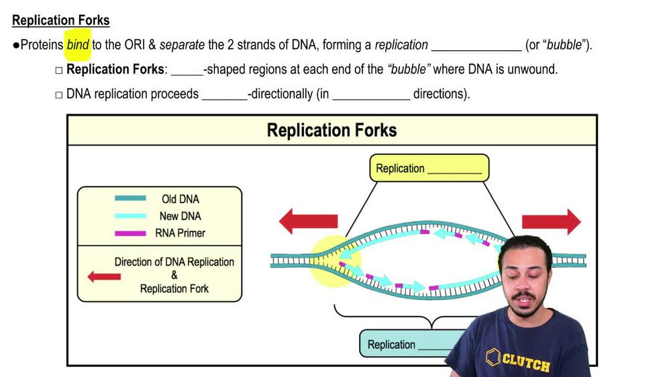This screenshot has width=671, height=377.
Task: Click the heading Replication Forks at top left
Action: pos(61,20)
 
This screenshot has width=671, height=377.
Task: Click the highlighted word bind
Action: pos(78,46)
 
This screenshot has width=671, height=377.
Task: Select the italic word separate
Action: pos(182,46)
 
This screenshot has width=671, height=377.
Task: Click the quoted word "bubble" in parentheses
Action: pos(564,46)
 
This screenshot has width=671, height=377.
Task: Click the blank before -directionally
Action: pos(224,94)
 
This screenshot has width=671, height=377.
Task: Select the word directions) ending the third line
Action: pos(442,94)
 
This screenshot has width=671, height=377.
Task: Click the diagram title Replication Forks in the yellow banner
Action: pos(331,130)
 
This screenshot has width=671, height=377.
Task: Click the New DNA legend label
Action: pos(180,216)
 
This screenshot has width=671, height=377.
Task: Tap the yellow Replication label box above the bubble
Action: pos(429,168)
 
